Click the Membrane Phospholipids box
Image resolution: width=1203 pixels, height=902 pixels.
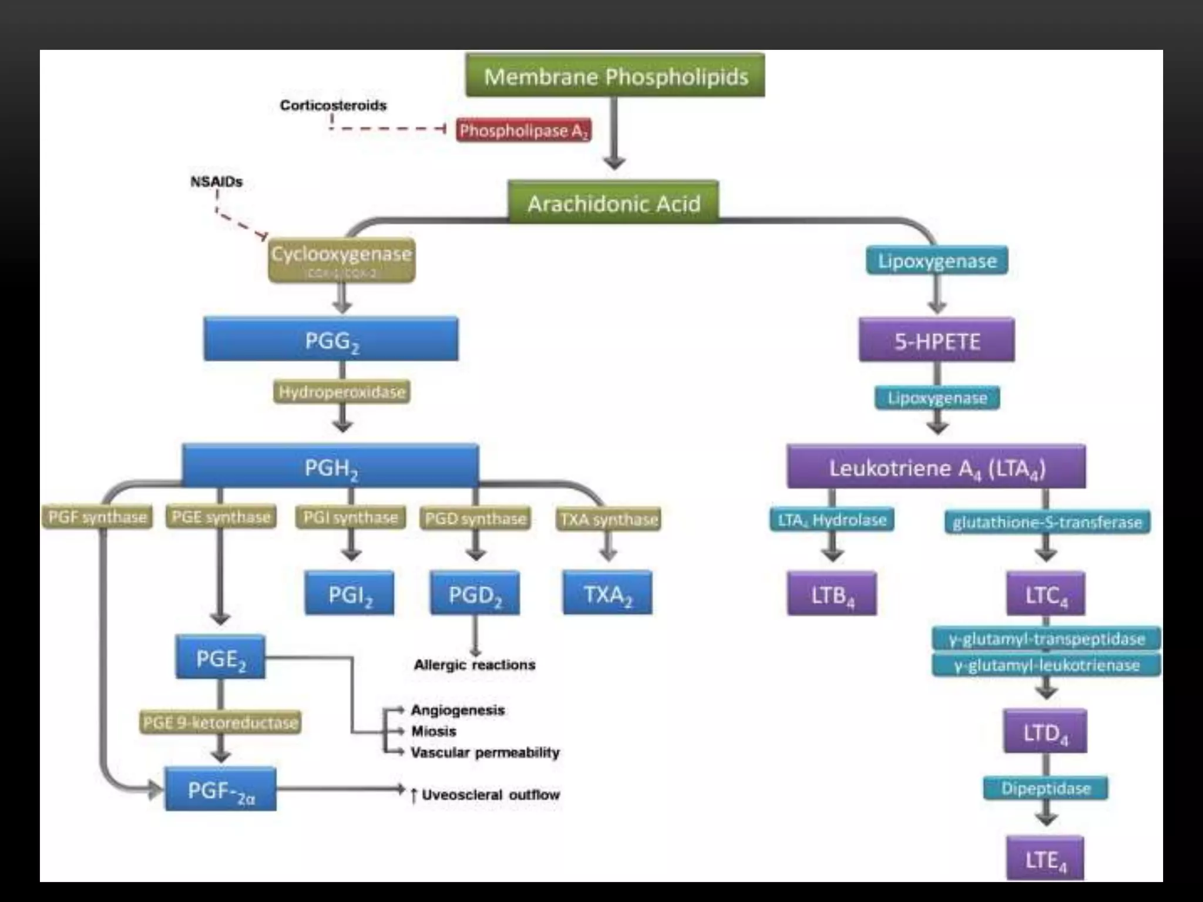pyautogui.click(x=615, y=76)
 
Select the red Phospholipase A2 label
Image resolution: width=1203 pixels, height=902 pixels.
pyautogui.click(x=523, y=130)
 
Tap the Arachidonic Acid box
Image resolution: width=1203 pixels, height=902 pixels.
pyautogui.click(x=613, y=203)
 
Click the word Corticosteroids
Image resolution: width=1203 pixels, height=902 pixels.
pyautogui.click(x=333, y=106)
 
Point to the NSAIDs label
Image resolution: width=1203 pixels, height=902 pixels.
pyautogui.click(x=216, y=182)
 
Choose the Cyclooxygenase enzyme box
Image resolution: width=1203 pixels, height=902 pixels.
pyautogui.click(x=341, y=260)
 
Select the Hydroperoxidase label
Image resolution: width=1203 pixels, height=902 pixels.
pyautogui.click(x=342, y=392)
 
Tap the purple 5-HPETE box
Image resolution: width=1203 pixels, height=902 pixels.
pyautogui.click(x=936, y=341)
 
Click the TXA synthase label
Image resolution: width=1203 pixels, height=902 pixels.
pyautogui.click(x=609, y=519)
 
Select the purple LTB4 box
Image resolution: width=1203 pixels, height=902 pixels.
pyautogui.click(x=832, y=594)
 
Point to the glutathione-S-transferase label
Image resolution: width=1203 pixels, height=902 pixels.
pyautogui.click(x=1047, y=522)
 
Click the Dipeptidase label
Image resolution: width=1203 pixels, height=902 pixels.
pyautogui.click(x=1046, y=788)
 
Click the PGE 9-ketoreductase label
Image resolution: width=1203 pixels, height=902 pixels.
pyautogui.click(x=220, y=722)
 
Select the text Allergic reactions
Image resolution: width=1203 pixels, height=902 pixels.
pyautogui.click(x=475, y=665)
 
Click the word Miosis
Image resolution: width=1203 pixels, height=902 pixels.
pyautogui.click(x=434, y=731)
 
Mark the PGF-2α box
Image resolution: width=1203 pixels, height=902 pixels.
pyautogui.click(x=220, y=790)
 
